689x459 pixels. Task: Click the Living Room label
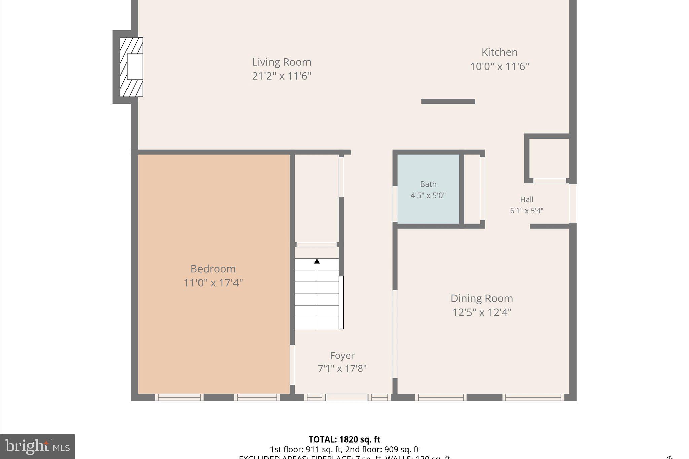tap(282, 62)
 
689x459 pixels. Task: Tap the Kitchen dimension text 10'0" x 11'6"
tap(499, 67)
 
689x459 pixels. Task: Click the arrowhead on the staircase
tap(317, 261)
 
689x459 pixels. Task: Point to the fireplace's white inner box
tap(135, 67)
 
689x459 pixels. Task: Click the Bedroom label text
tap(213, 269)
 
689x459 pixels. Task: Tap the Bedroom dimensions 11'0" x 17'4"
tap(213, 283)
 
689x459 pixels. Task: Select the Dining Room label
tap(482, 298)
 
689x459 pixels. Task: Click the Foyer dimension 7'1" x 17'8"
tap(342, 369)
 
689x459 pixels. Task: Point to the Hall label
tap(527, 199)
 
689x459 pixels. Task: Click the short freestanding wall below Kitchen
tap(448, 101)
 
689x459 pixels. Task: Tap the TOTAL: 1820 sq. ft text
tap(344, 439)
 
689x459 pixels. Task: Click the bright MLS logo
tap(37, 447)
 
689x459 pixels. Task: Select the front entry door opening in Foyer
tap(347, 397)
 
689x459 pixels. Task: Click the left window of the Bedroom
tap(179, 397)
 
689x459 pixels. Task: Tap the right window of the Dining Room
tap(533, 397)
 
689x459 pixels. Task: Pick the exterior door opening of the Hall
tap(573, 203)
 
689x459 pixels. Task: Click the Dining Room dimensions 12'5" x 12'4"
tap(482, 312)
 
